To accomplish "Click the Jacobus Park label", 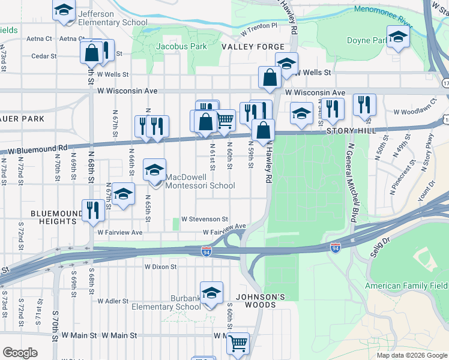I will (181, 46).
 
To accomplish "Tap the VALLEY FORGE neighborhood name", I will (247, 46).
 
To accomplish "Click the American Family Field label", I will (406, 286).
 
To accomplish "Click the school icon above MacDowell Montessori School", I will (154, 170).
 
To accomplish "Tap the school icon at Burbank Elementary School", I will (211, 293).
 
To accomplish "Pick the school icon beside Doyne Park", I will (397, 37).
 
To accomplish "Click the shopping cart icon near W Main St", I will (238, 344).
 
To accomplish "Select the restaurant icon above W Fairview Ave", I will (92, 210).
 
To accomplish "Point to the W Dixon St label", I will (160, 266).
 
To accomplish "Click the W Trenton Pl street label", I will (258, 27).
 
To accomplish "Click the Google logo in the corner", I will (20, 353).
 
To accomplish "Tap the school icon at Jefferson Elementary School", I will (64, 11).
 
